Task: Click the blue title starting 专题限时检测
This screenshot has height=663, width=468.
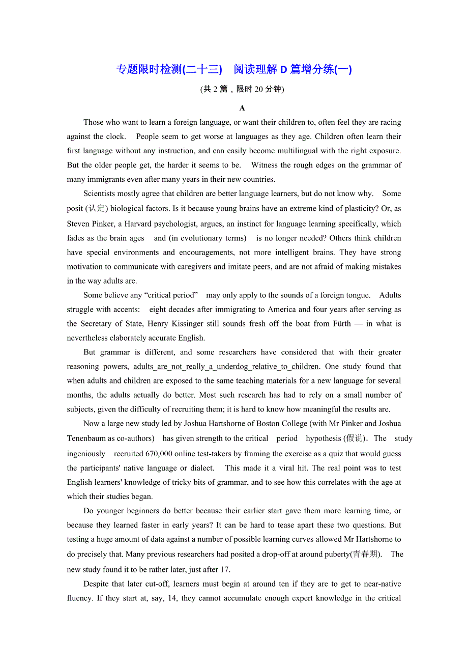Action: tap(234, 69)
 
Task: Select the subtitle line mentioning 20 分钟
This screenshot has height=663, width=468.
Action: tap(242, 89)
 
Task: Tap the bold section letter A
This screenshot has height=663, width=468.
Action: tap(242, 108)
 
